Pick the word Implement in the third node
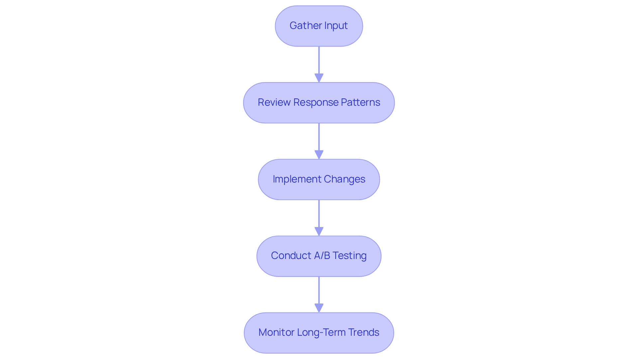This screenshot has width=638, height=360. click(x=297, y=179)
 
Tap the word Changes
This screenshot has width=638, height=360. click(x=344, y=179)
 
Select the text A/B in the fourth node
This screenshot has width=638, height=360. click(x=322, y=256)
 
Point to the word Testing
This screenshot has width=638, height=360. click(x=349, y=256)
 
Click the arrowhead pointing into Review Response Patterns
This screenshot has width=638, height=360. click(x=319, y=78)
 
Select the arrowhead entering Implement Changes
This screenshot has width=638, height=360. click(x=319, y=155)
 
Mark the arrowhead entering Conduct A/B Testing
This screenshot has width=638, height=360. click(x=319, y=232)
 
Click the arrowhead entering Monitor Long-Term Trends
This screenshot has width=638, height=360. click(x=319, y=308)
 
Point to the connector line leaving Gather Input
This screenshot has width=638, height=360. click(x=319, y=60)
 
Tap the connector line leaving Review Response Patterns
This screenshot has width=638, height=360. click(x=319, y=137)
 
